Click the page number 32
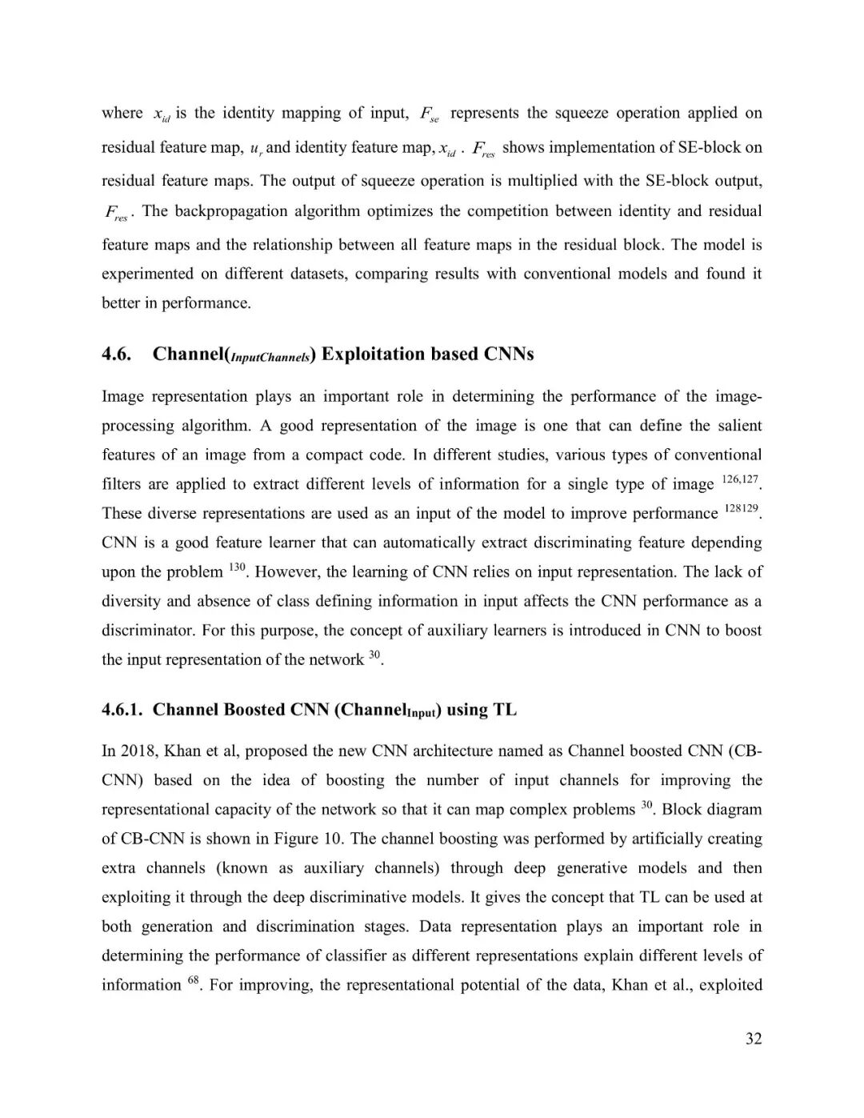(x=753, y=1039)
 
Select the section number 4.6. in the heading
(x=117, y=354)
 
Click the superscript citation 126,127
(x=739, y=479)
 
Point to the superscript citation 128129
(x=741, y=508)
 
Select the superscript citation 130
(x=236, y=567)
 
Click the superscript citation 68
(x=194, y=980)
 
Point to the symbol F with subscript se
(x=430, y=114)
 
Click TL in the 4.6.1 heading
(x=505, y=709)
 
